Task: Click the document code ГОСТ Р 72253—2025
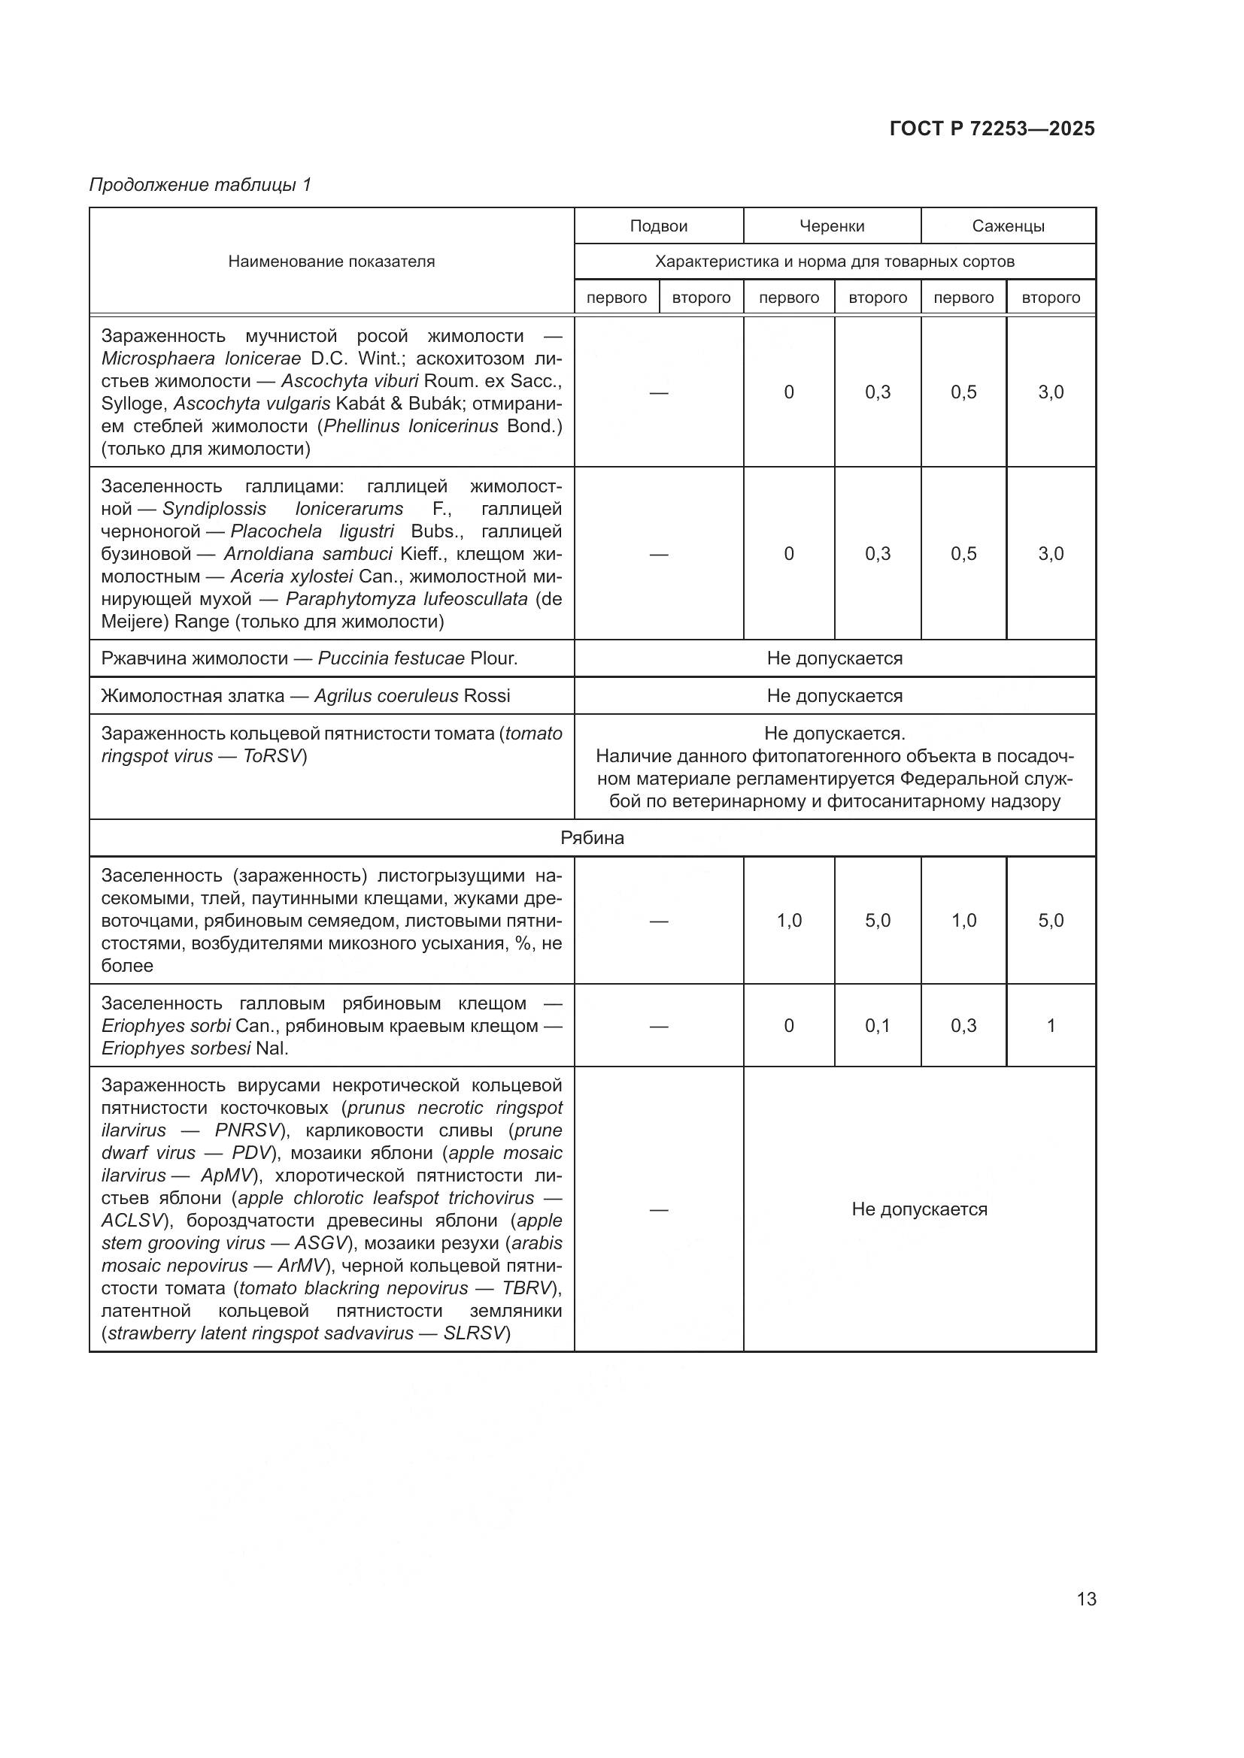tap(992, 129)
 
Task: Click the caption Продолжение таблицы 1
tap(200, 185)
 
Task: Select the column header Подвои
tap(658, 226)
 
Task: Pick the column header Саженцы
tap(1007, 226)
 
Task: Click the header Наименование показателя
tap(331, 262)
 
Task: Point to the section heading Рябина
tap(591, 837)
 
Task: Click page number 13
tap(1085, 1599)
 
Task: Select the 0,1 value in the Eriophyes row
tap(877, 1025)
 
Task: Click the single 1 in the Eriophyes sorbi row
tap(1050, 1025)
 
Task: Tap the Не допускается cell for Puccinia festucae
tap(834, 658)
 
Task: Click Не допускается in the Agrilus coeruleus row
tap(834, 696)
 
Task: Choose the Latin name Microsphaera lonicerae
tap(201, 359)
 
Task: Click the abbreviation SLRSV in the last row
tap(474, 1333)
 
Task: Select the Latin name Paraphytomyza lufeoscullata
tap(406, 599)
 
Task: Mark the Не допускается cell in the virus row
tap(918, 1209)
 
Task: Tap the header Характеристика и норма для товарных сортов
tap(834, 262)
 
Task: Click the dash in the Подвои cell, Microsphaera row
tap(658, 392)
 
